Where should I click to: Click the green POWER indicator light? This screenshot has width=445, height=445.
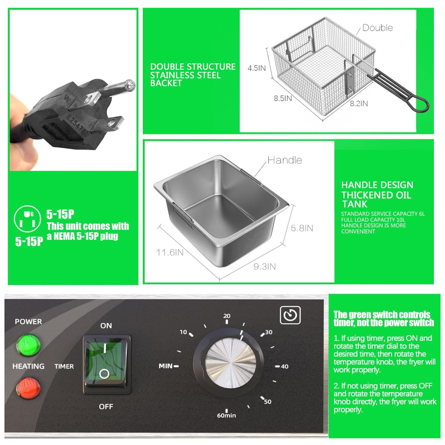click(x=28, y=345)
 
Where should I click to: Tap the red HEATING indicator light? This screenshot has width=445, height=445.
click(x=28, y=388)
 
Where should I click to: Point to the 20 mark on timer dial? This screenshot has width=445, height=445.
click(x=227, y=316)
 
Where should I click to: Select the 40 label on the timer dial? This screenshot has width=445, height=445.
click(x=285, y=366)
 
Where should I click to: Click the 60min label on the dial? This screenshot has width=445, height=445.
click(x=227, y=416)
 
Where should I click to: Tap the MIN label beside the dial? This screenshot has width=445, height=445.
click(x=166, y=366)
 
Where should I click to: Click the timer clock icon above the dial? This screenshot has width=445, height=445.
click(x=290, y=315)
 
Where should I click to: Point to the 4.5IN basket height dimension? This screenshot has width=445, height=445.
click(x=257, y=68)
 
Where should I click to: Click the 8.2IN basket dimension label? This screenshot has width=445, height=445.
click(x=359, y=104)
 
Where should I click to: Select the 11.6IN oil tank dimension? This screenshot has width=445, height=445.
click(x=170, y=252)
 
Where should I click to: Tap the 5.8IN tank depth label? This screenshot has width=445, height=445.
click(x=302, y=228)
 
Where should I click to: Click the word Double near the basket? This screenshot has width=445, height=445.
click(x=378, y=28)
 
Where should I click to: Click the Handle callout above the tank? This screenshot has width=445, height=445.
click(x=285, y=160)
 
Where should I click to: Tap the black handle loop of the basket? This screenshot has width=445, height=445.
click(x=419, y=104)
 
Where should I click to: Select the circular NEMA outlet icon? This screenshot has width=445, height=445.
click(x=28, y=219)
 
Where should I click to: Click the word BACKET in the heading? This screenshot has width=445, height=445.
click(x=166, y=83)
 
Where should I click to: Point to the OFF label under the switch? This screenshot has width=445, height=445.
click(x=106, y=407)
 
